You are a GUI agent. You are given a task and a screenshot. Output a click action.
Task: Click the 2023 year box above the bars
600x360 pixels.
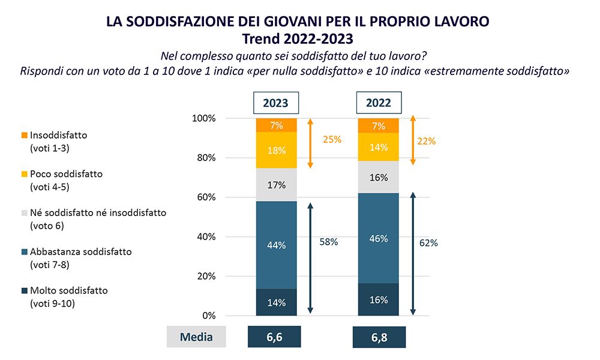[x=276, y=103]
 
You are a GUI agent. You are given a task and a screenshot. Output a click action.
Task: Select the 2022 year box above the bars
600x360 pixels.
[x=378, y=103]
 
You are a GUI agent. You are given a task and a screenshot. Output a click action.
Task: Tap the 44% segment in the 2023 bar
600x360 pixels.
[x=276, y=245]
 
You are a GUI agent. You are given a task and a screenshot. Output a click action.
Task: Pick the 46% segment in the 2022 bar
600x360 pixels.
[x=378, y=239]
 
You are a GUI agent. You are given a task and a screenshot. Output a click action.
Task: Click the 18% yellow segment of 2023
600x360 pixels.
[x=276, y=150]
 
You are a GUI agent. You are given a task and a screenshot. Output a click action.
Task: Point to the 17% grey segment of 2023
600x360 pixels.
[x=276, y=185]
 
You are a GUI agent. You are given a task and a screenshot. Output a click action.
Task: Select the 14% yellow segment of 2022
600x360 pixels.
[x=378, y=146]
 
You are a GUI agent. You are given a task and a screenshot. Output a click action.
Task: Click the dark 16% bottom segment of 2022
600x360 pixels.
[x=378, y=299]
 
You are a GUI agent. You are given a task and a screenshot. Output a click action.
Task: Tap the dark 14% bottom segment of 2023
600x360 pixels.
[x=276, y=302]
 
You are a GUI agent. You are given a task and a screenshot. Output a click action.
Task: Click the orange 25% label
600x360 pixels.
[x=332, y=139]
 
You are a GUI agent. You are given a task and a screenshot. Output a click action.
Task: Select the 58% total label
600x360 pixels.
[x=329, y=242]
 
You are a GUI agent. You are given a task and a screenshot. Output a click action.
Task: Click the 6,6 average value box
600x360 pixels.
[x=274, y=337]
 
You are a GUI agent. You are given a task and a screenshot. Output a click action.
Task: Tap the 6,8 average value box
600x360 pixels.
[x=378, y=337]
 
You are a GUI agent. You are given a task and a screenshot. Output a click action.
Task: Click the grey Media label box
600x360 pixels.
[x=196, y=337]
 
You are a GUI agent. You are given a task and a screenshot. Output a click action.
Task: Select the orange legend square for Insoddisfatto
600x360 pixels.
[x=24, y=136]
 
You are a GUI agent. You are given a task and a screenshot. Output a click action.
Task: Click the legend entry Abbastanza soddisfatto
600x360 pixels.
[x=76, y=252]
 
